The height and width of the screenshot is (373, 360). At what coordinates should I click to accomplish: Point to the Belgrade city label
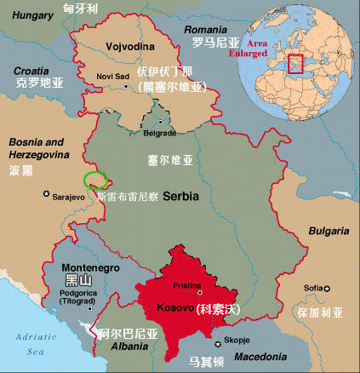point(159,134)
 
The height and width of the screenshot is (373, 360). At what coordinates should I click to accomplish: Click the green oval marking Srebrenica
point(95,180)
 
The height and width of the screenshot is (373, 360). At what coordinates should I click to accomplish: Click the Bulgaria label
point(329,232)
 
